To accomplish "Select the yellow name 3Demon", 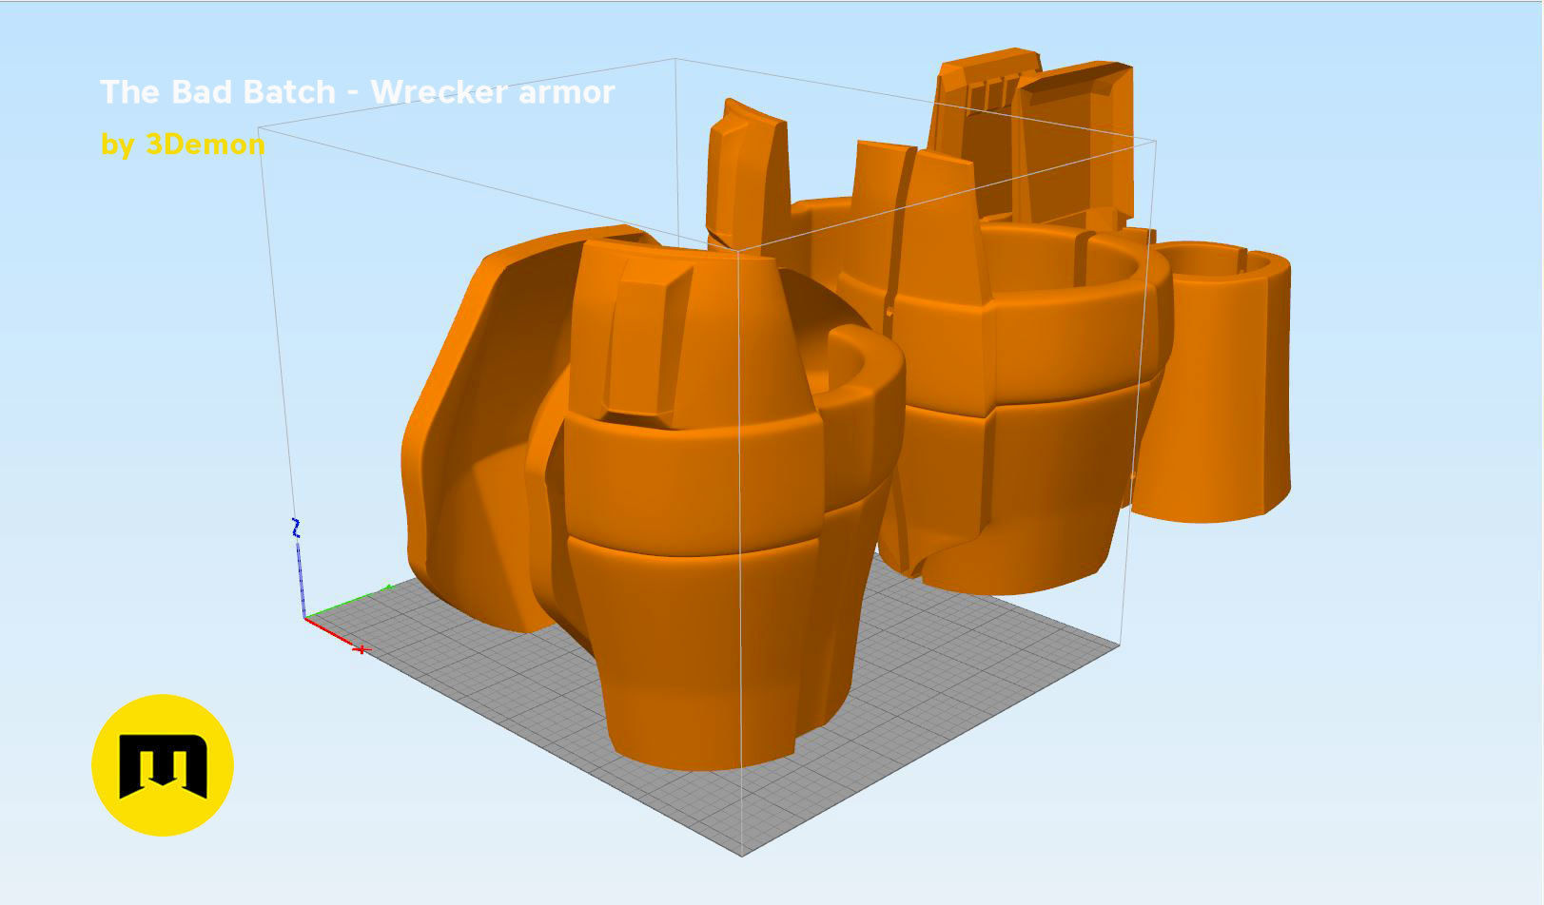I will pos(205,144).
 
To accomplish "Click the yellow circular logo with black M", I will pos(163,765).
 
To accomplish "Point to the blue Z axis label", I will pos(296,529).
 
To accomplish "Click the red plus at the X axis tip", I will pos(362,649).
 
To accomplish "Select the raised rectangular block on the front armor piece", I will pos(647,342).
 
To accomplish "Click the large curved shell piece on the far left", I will pos(476,428).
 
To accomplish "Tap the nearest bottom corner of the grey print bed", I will pos(742,854).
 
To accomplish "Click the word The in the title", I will pos(131,92).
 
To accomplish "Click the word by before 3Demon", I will pos(118,144).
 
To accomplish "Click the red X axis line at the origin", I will pos(328,632).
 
